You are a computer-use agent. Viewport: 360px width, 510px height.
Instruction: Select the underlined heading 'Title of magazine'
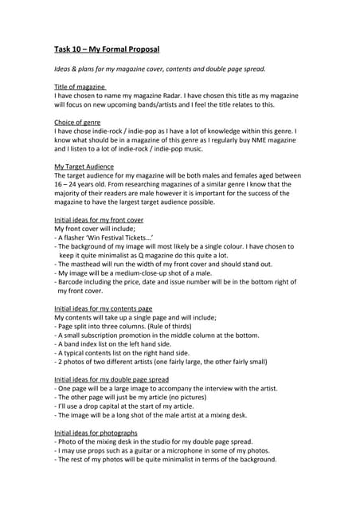(x=80, y=86)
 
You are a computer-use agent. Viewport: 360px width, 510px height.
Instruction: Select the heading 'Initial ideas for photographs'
(x=96, y=432)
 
